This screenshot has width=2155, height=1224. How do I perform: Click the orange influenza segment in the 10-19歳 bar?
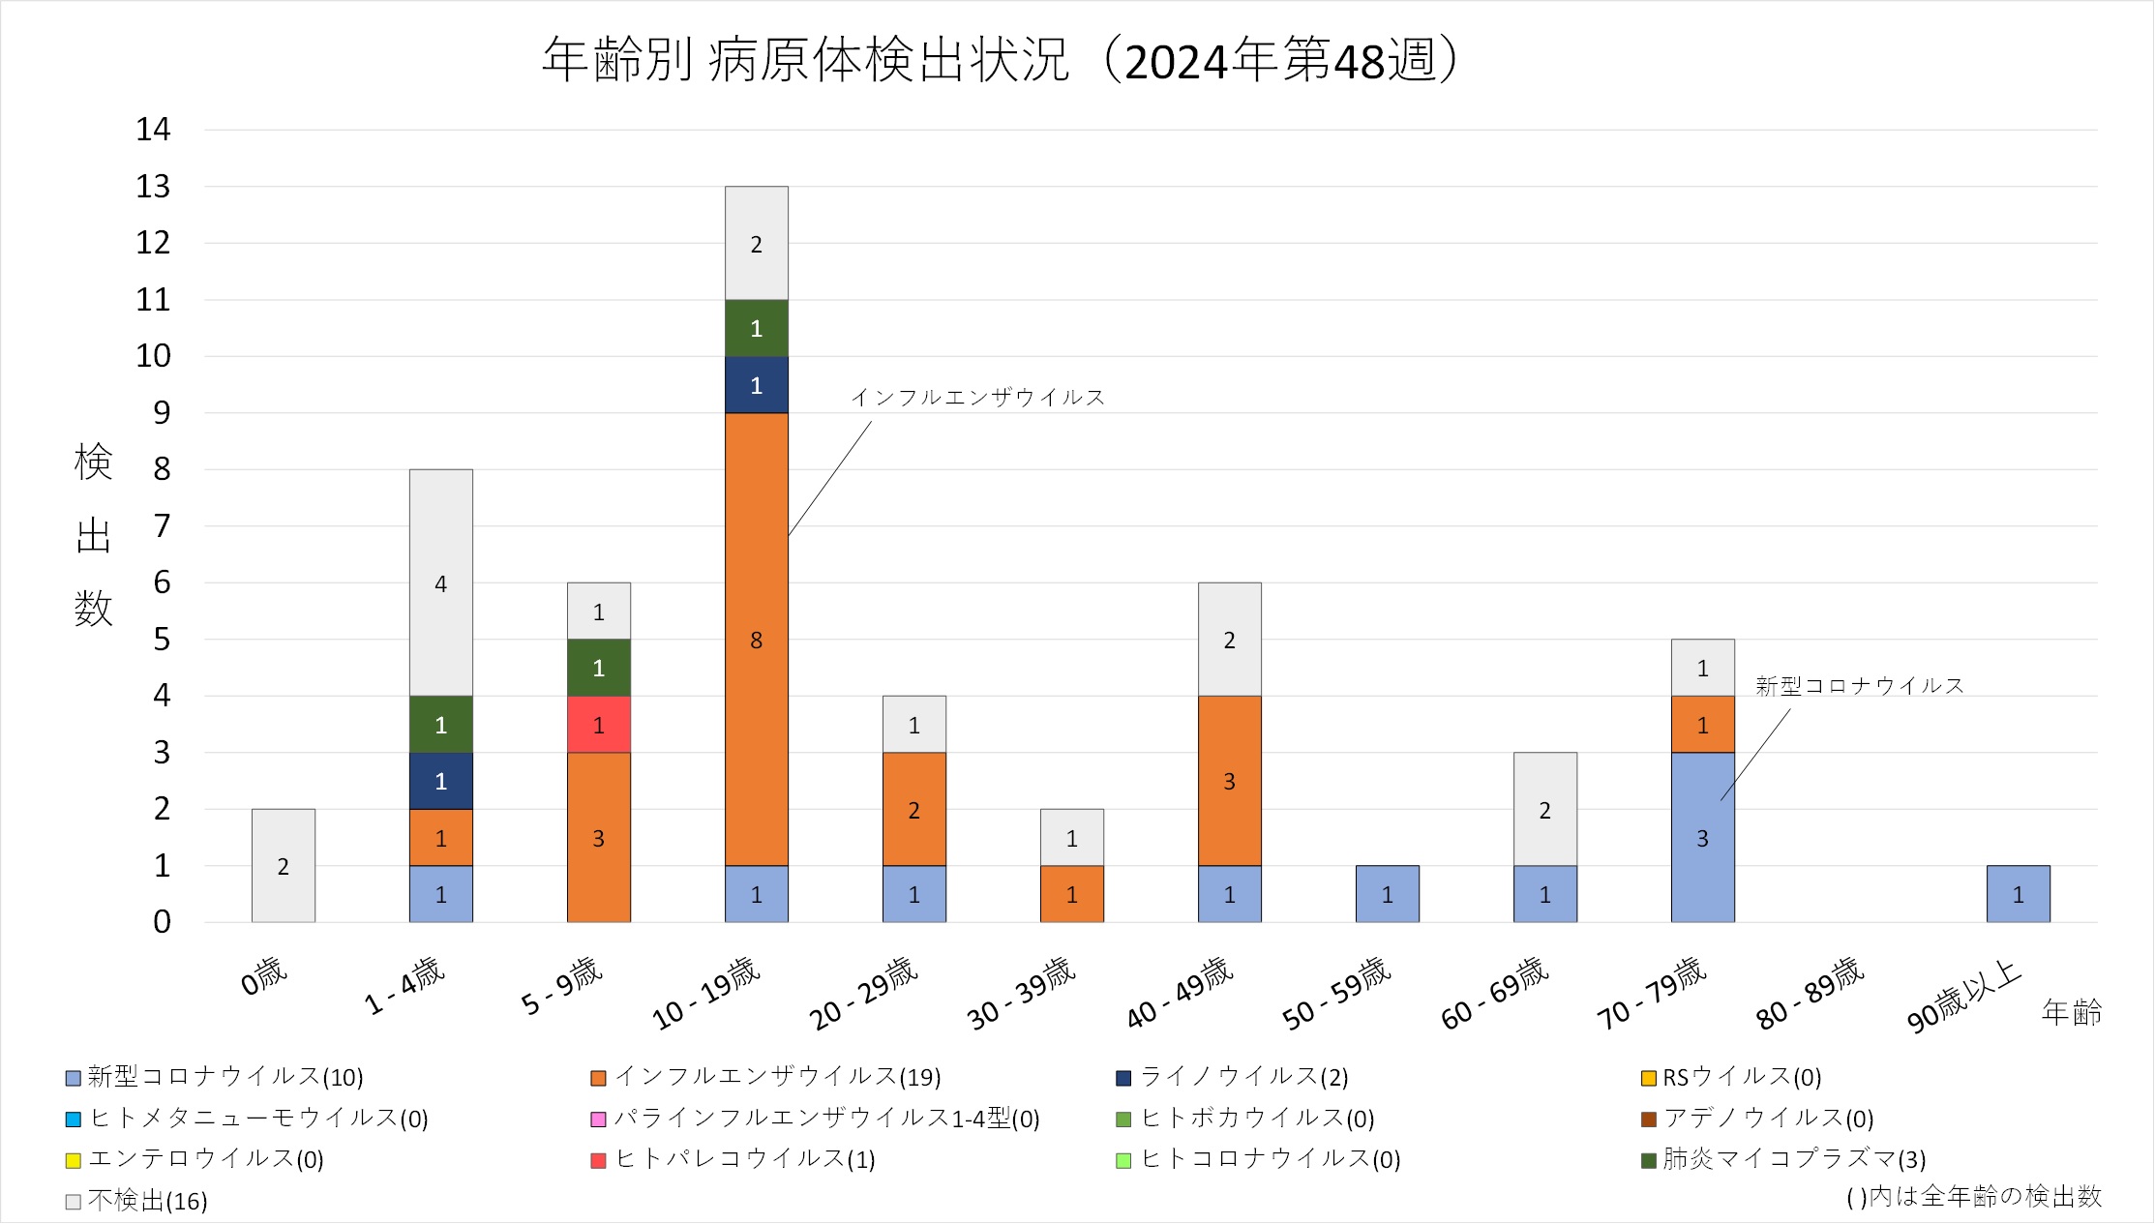756,639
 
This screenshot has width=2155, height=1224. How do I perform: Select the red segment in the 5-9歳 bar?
598,725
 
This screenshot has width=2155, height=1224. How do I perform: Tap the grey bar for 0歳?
283,865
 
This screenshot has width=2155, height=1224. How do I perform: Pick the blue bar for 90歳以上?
2018,894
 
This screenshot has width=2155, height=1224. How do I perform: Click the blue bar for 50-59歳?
1387,894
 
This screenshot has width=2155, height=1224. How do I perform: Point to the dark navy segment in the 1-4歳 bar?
440,781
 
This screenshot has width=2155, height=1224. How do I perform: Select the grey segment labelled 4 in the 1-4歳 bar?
440,582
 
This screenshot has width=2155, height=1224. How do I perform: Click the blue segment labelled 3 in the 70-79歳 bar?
1702,837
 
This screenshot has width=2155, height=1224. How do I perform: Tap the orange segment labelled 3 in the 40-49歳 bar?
1229,781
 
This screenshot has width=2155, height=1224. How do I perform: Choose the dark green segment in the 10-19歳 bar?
756,328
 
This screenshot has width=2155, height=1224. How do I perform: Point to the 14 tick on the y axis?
153,129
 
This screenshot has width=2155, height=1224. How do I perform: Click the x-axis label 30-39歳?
1021,994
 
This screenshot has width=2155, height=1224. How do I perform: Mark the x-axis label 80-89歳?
1810,994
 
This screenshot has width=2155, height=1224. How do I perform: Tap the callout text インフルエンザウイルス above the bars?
977,397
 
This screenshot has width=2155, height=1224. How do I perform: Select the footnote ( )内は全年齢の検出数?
1974,1197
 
